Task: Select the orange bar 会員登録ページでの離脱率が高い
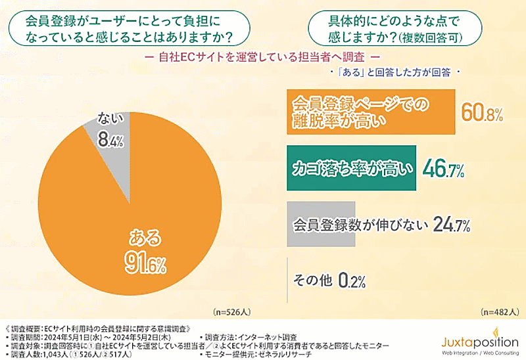(x=371, y=112)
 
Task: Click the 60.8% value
(x=482, y=113)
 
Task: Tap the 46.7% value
(x=444, y=169)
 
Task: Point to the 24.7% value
(x=450, y=225)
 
